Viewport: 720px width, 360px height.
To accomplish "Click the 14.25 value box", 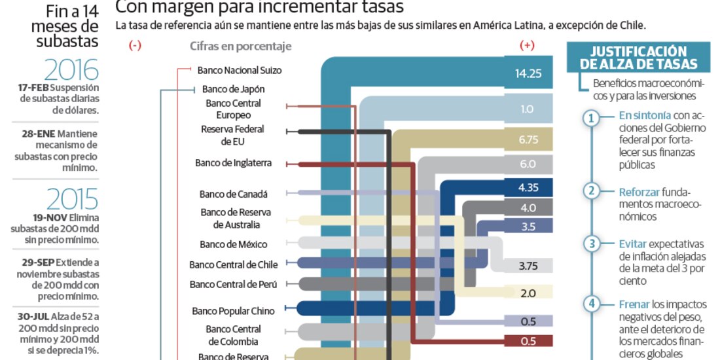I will pyautogui.click(x=528, y=73).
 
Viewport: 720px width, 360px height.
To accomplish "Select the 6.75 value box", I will pyautogui.click(x=528, y=139).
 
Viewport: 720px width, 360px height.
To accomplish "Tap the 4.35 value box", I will pyautogui.click(x=528, y=188).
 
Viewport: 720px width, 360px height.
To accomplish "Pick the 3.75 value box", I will pyautogui.click(x=528, y=266).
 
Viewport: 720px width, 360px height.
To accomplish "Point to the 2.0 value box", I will pyautogui.click(x=528, y=293).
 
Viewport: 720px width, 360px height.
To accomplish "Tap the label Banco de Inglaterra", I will pyautogui.click(x=233, y=163).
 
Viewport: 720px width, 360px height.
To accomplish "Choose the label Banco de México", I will pyautogui.click(x=234, y=244).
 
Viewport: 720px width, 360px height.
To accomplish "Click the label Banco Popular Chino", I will pyautogui.click(x=233, y=311).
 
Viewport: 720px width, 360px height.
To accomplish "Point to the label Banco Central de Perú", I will pyautogui.click(x=233, y=284).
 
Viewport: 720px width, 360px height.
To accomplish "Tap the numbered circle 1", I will pyautogui.click(x=591, y=118).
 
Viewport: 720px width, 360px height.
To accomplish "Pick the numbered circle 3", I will pyautogui.click(x=591, y=244).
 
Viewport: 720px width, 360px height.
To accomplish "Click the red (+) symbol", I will pyautogui.click(x=527, y=46).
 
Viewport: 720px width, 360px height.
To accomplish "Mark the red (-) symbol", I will pyautogui.click(x=135, y=46).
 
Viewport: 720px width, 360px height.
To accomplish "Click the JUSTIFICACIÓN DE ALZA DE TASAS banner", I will pyautogui.click(x=638, y=58).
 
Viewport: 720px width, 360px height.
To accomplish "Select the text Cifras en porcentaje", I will pyautogui.click(x=241, y=46).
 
